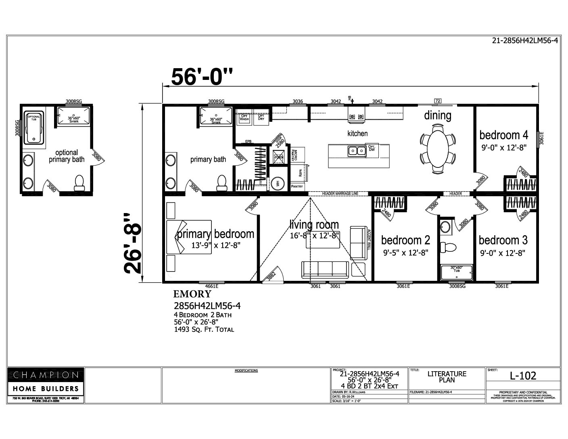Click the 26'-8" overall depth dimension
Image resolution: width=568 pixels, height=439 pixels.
point(133,243)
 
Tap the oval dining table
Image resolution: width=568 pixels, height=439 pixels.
point(437,148)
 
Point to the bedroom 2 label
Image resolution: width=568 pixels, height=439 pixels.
point(405,240)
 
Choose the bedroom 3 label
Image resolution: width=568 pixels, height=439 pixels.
point(503,240)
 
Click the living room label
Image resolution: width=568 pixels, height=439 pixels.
point(314,224)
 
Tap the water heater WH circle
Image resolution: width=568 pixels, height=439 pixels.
point(277,184)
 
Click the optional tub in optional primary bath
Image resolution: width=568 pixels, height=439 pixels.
point(33,128)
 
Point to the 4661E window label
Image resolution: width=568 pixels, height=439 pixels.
point(208,286)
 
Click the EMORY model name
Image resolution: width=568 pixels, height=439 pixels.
point(192,294)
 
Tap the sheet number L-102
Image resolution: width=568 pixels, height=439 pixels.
point(523,376)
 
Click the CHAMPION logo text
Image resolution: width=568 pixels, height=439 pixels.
point(46,375)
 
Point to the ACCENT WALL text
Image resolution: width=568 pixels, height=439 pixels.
point(369,240)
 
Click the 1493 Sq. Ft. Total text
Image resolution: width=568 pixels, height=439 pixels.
point(204,329)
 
